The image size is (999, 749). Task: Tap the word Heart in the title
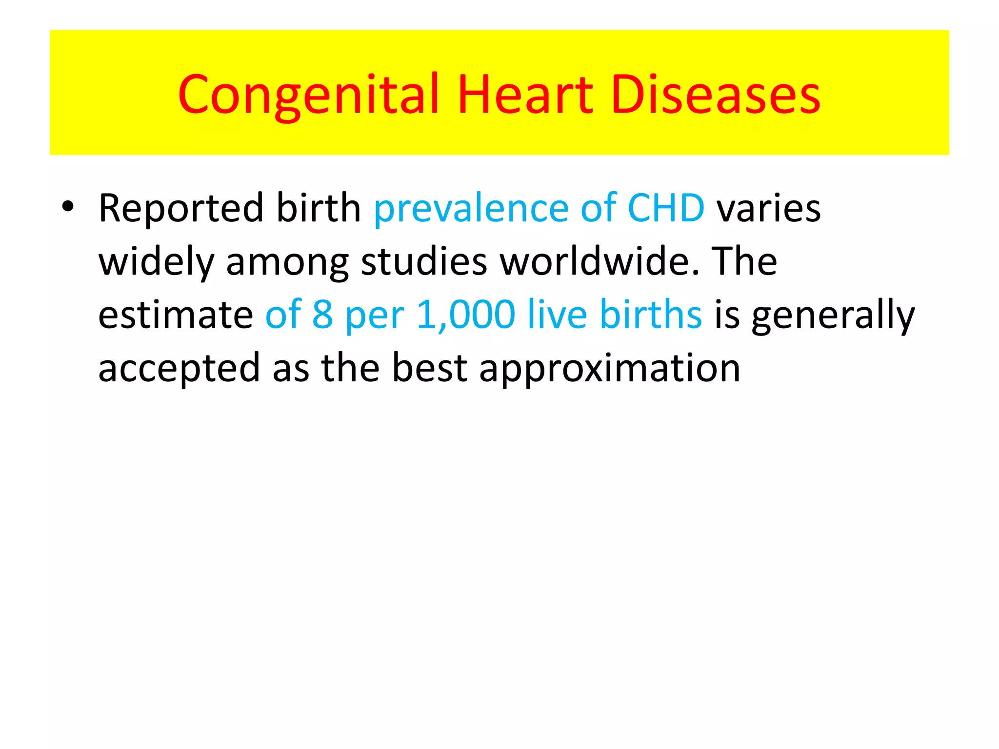coord(525,95)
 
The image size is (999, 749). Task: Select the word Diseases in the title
coord(716,95)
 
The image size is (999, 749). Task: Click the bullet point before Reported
coord(68,207)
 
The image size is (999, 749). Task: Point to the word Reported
coord(181,209)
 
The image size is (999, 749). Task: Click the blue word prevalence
coord(471,209)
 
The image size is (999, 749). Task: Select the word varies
coord(768,209)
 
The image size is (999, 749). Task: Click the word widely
coord(156,262)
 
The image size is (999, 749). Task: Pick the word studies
coord(423,261)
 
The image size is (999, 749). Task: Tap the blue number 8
coord(322,315)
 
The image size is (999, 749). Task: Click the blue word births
coord(651,315)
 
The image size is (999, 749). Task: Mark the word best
coord(430,368)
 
